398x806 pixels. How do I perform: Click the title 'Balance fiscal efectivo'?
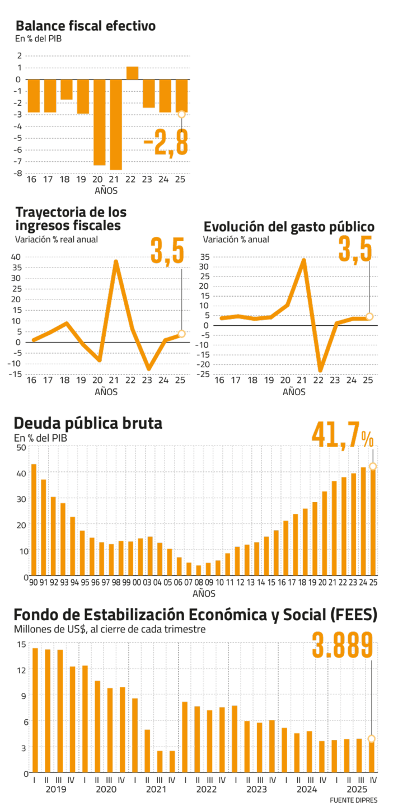point(86,26)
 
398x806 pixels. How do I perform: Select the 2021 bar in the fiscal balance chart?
point(116,124)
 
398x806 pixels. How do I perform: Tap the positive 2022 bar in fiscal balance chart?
point(132,73)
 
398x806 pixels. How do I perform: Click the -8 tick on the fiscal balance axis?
point(18,174)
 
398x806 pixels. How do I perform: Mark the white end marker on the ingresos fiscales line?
point(181,334)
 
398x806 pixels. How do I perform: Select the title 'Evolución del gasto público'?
point(289,227)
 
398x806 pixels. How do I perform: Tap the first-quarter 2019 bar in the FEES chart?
point(35,710)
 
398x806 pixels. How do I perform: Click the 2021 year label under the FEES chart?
point(157,789)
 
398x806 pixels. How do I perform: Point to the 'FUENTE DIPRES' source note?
point(353,800)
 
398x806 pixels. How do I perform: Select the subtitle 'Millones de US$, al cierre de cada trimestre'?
point(110,629)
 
